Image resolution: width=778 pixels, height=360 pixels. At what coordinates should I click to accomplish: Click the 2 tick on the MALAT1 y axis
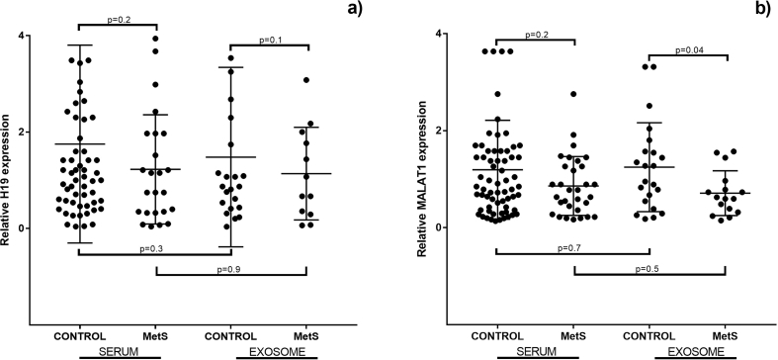443,131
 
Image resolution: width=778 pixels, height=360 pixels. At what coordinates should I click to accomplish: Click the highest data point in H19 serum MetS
154,40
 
